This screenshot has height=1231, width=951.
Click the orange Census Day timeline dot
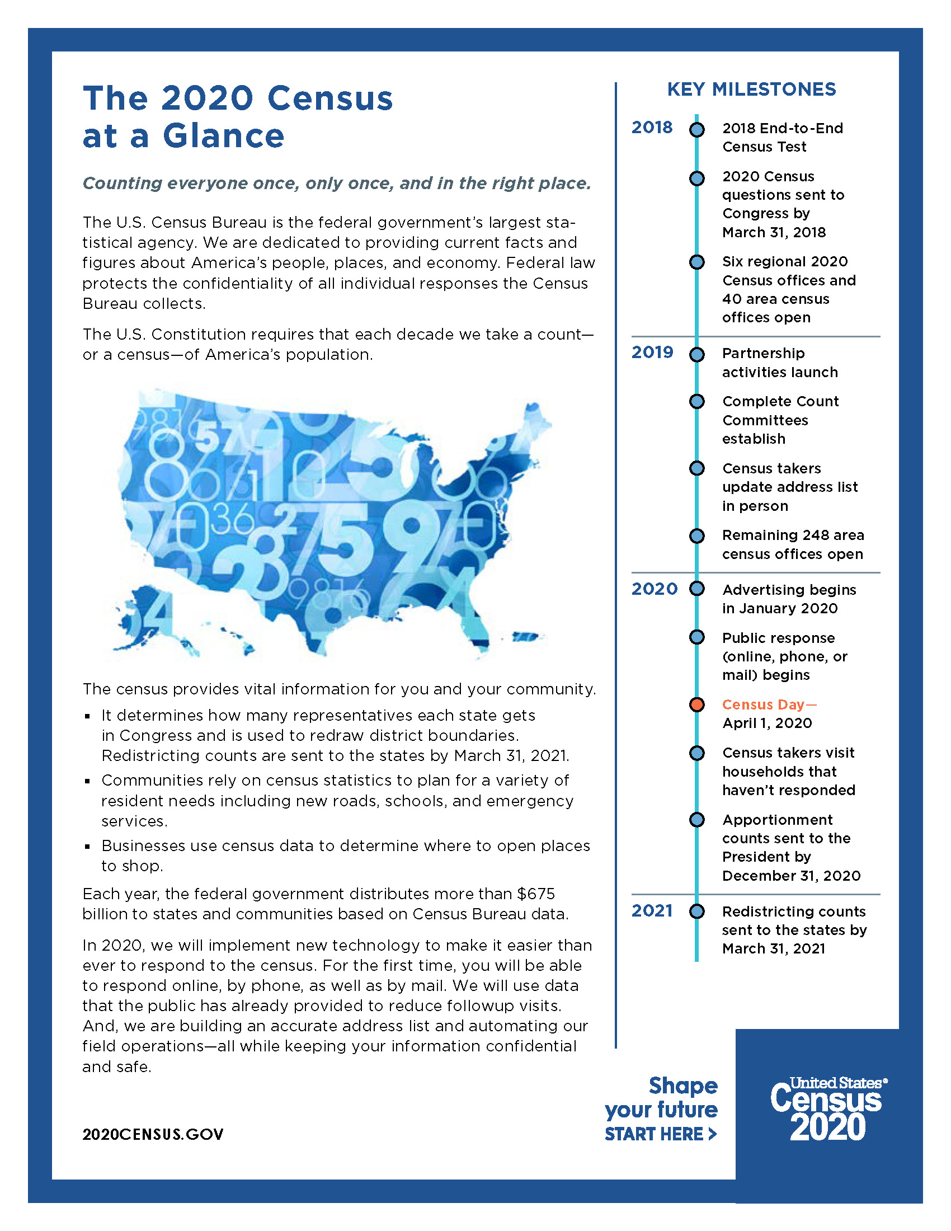pyautogui.click(x=697, y=704)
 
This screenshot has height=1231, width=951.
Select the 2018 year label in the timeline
pyautogui.click(x=652, y=128)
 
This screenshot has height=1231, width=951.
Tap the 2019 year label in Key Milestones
pyautogui.click(x=652, y=353)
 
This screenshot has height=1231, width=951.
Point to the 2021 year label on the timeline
pyautogui.click(x=652, y=911)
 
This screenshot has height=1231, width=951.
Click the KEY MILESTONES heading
pyautogui.click(x=751, y=89)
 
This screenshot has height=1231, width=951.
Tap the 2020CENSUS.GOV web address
pyautogui.click(x=153, y=1134)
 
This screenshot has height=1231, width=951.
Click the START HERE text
pyautogui.click(x=660, y=1134)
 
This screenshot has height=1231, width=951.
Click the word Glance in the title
pyautogui.click(x=224, y=137)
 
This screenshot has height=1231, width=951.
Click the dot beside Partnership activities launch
pyautogui.click(x=697, y=355)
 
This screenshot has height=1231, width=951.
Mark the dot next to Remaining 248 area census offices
pyautogui.click(x=697, y=535)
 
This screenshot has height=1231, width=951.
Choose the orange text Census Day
pyautogui.click(x=769, y=704)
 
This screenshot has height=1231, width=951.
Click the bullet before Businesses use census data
pyautogui.click(x=87, y=847)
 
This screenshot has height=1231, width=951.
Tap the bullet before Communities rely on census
pyautogui.click(x=87, y=781)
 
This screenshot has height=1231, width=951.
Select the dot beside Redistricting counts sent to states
pyautogui.click(x=697, y=911)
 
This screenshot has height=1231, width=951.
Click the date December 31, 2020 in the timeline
pyautogui.click(x=791, y=875)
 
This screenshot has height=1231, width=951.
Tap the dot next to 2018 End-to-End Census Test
pyautogui.click(x=697, y=130)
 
